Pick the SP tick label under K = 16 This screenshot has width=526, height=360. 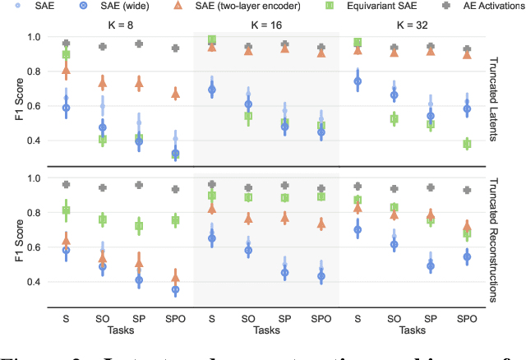(x=285, y=316)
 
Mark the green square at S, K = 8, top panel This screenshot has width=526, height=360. (x=66, y=54)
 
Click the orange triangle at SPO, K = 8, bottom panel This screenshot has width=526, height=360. (x=175, y=277)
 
